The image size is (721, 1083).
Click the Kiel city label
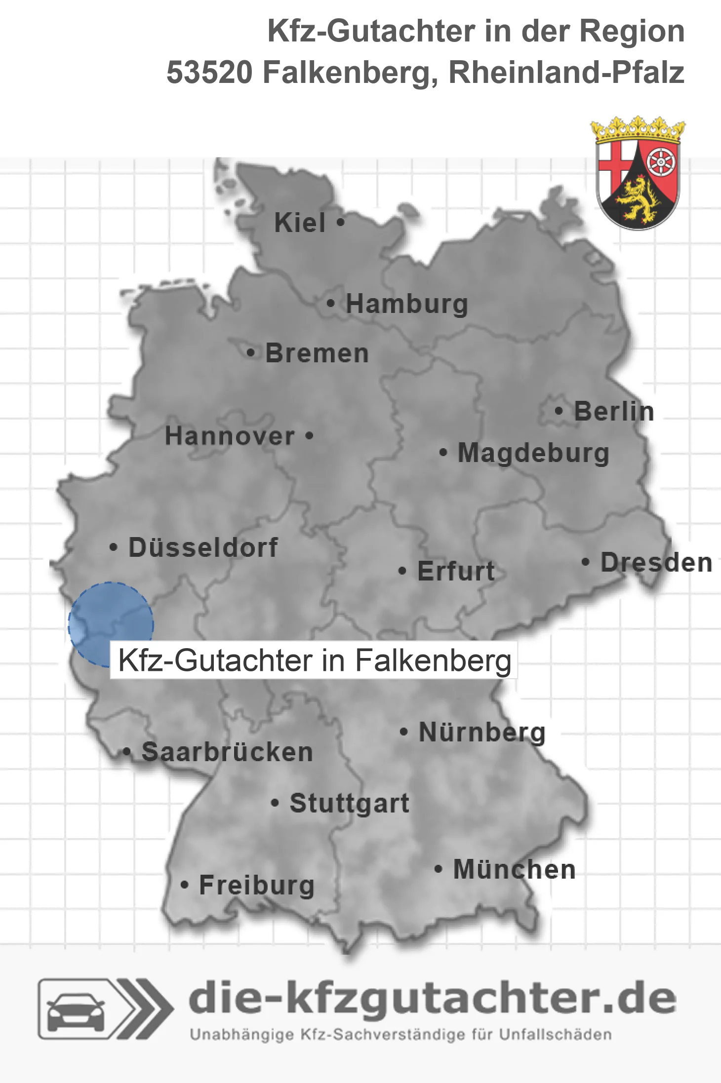point(300,223)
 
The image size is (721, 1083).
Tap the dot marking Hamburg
point(331,304)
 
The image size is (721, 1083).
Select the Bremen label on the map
point(317,353)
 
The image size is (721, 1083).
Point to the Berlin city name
point(614,411)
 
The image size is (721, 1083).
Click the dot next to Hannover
point(309,436)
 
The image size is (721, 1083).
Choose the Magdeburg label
point(533,453)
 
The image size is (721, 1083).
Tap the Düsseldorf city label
point(203,547)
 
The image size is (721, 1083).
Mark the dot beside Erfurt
point(402,571)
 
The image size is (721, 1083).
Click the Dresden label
point(656,563)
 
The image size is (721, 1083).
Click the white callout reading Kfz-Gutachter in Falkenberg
point(314,660)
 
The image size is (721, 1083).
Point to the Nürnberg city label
point(482,732)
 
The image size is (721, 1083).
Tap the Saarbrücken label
point(227,752)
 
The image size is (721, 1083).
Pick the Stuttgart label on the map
point(350,803)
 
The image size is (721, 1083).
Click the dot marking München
point(438,869)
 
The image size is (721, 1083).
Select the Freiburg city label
point(257,885)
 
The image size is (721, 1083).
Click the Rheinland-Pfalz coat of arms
point(638,174)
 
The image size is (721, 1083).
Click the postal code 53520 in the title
point(209,73)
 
